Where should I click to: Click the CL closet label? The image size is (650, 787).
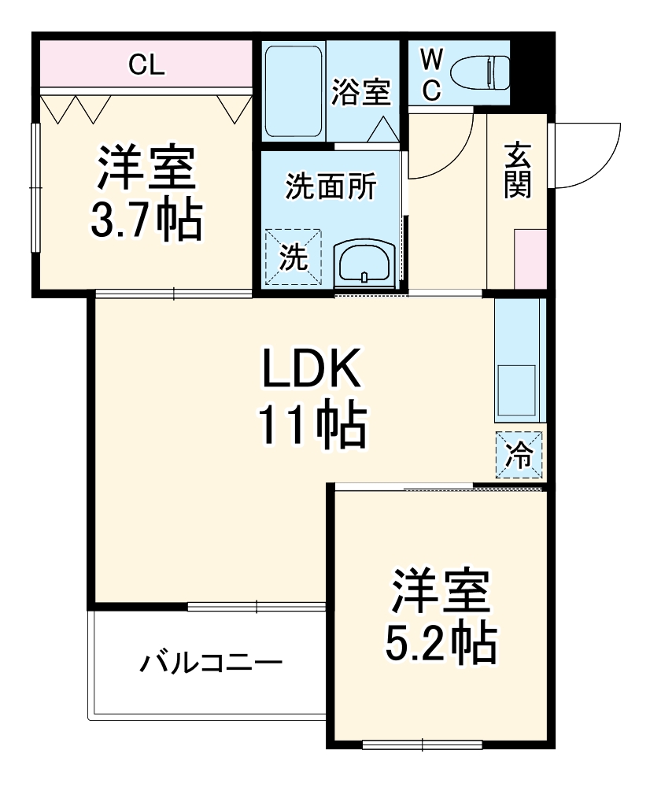[147, 64]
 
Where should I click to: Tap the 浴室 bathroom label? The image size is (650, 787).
[360, 92]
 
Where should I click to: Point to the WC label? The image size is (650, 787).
[431, 74]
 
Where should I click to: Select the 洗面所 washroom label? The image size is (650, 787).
[331, 187]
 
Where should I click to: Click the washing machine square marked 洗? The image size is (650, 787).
[294, 257]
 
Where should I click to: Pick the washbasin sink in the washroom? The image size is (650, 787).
[363, 262]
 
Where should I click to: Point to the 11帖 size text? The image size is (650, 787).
[312, 425]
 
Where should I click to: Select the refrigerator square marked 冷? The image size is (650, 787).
[519, 455]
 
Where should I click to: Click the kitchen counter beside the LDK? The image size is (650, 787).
[519, 362]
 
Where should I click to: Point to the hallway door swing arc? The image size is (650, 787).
[441, 150]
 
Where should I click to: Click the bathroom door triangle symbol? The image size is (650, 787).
[383, 128]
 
